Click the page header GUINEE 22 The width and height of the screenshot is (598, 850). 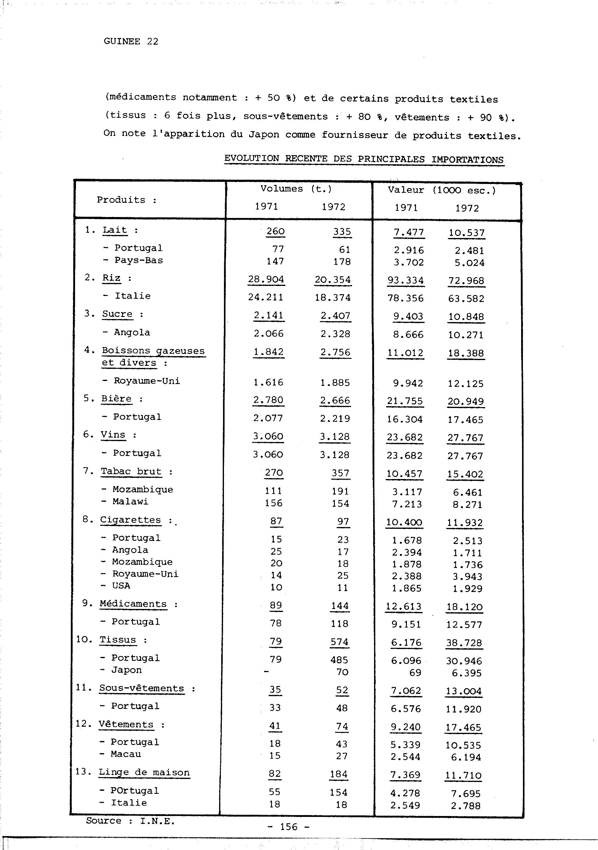pyautogui.click(x=131, y=42)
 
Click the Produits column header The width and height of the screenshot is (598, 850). pyautogui.click(x=126, y=200)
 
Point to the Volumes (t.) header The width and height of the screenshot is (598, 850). pyautogui.click(x=296, y=189)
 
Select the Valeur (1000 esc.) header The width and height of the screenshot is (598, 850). pyautogui.click(x=442, y=190)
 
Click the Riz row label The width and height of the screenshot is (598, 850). pyautogui.click(x=112, y=278)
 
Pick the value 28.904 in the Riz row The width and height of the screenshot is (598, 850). pyautogui.click(x=266, y=280)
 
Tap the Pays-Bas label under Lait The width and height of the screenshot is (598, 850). pyautogui.click(x=139, y=260)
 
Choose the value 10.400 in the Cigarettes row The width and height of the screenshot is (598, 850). pyautogui.click(x=404, y=522)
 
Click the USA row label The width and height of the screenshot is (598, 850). pyautogui.click(x=121, y=585)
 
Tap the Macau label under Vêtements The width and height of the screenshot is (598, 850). pyautogui.click(x=125, y=754)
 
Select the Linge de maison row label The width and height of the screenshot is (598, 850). pyautogui.click(x=144, y=772)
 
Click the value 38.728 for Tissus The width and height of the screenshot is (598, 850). pyautogui.click(x=464, y=643)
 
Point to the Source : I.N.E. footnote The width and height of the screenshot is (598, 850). pyautogui.click(x=130, y=821)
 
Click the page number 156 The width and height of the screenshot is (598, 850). pyautogui.click(x=289, y=827)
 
